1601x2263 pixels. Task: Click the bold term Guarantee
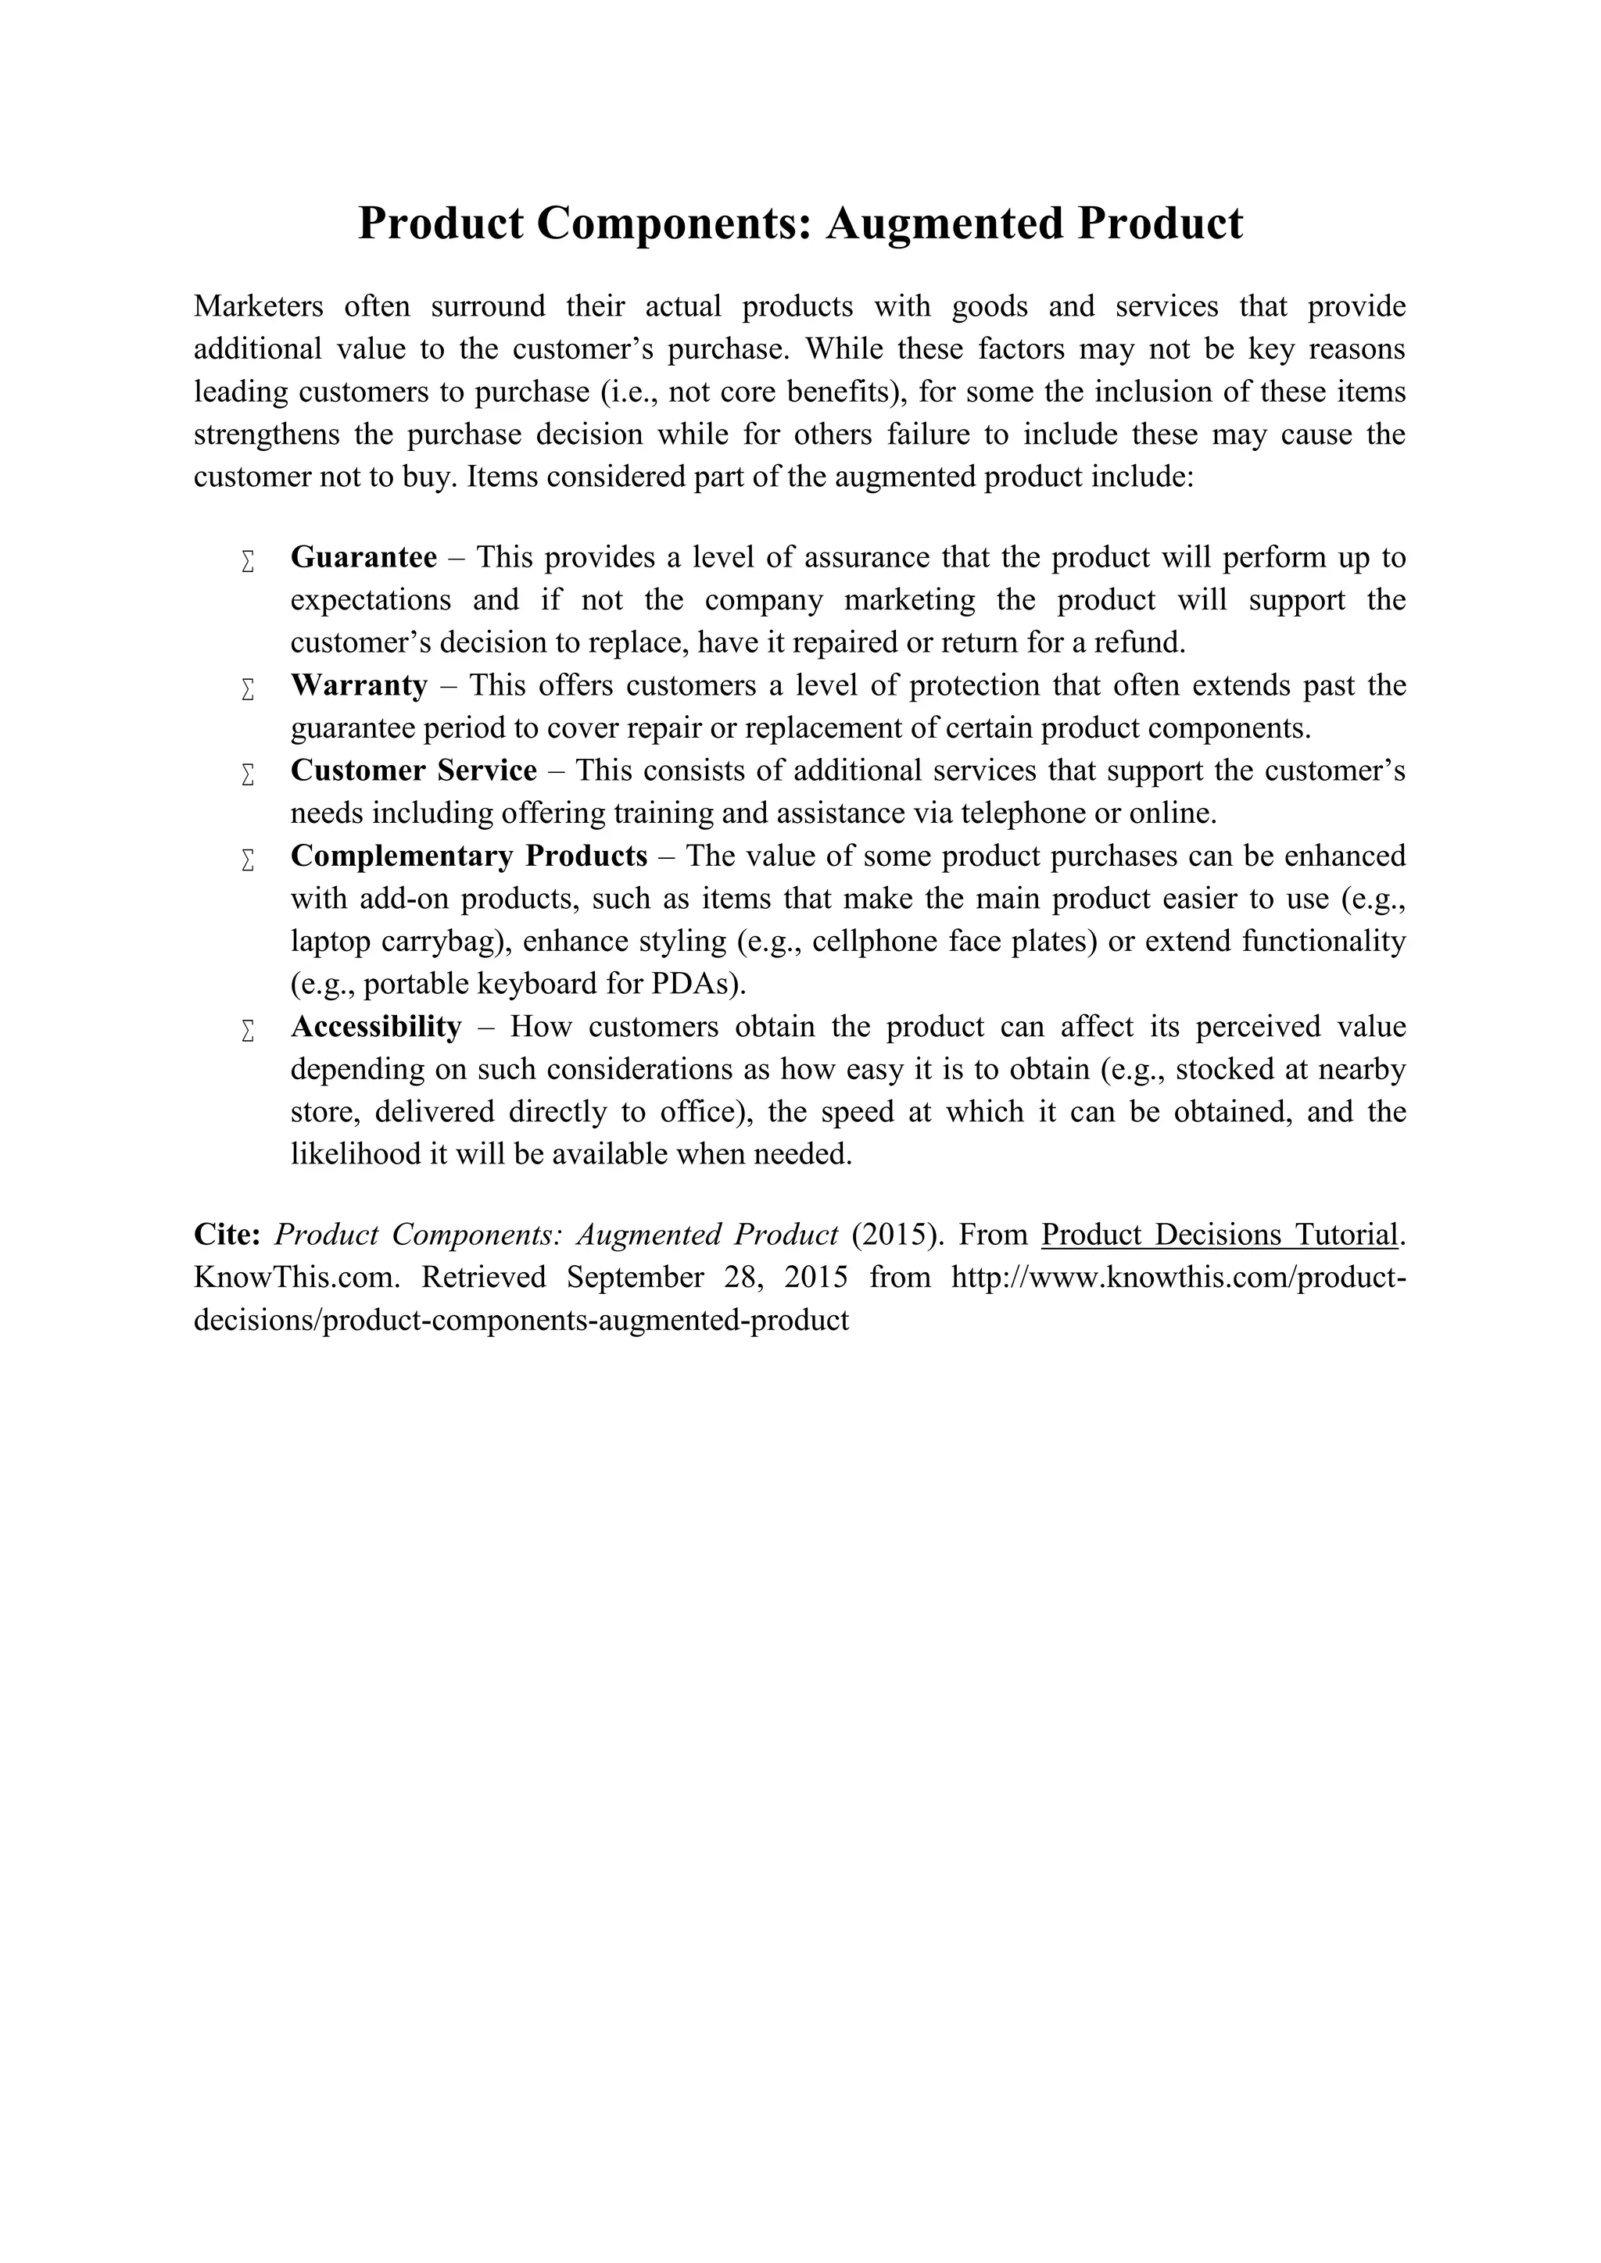[364, 558]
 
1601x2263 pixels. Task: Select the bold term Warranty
[359, 685]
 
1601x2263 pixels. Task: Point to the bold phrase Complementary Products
[468, 856]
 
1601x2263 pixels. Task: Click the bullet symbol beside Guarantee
[249, 562]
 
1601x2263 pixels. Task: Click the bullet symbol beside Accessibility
[249, 1031]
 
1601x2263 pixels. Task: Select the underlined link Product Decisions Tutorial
[1220, 1235]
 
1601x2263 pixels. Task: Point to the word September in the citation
[635, 1278]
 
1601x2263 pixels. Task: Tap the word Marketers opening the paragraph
[258, 306]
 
